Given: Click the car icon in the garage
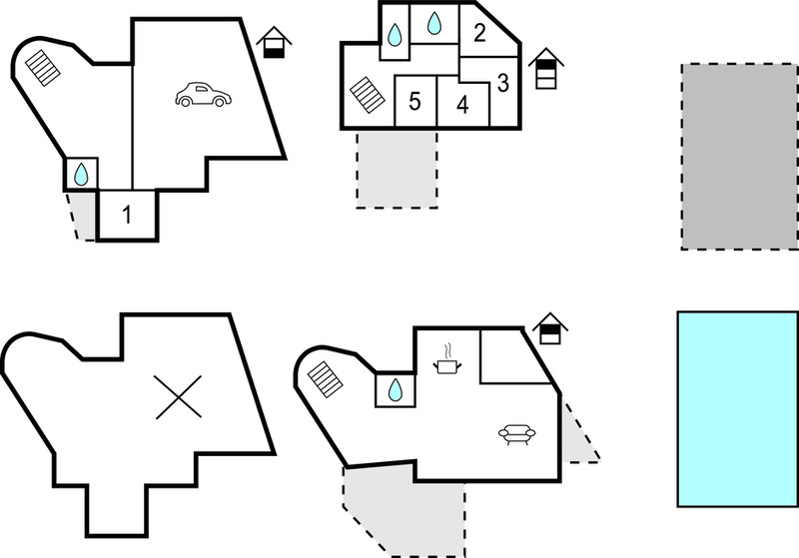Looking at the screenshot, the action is pyautogui.click(x=204, y=95).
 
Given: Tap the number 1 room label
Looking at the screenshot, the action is pyautogui.click(x=127, y=215).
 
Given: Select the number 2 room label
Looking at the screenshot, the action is pyautogui.click(x=479, y=33).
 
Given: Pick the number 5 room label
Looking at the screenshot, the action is pyautogui.click(x=414, y=101).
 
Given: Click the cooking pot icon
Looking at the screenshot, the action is pyautogui.click(x=447, y=359).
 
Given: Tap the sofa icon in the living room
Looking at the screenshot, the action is pyautogui.click(x=516, y=434).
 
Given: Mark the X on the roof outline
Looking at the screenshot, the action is pyautogui.click(x=179, y=397).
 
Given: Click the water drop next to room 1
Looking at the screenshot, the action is pyautogui.click(x=81, y=174).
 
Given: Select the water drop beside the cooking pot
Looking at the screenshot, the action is pyautogui.click(x=395, y=390).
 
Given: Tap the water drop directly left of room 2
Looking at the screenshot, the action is pyautogui.click(x=434, y=23).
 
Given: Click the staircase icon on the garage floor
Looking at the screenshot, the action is pyautogui.click(x=43, y=68).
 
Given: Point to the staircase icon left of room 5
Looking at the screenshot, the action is pyautogui.click(x=368, y=95).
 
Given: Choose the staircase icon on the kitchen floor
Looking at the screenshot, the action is pyautogui.click(x=326, y=379).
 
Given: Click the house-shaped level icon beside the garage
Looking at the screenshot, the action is pyautogui.click(x=274, y=42).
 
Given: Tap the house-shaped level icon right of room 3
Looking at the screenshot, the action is pyautogui.click(x=545, y=68).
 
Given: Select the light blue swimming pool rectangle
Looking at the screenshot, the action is pyautogui.click(x=737, y=409).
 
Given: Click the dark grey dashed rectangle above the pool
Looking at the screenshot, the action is pyautogui.click(x=740, y=157).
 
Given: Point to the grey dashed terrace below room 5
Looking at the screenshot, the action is pyautogui.click(x=397, y=169).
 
